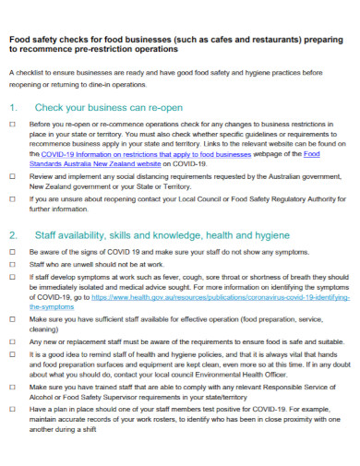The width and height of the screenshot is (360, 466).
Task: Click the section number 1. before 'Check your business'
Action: click(x=13, y=106)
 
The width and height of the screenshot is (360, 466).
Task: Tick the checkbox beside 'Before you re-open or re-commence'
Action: click(x=12, y=123)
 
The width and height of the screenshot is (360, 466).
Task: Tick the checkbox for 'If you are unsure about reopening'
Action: click(x=12, y=197)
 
